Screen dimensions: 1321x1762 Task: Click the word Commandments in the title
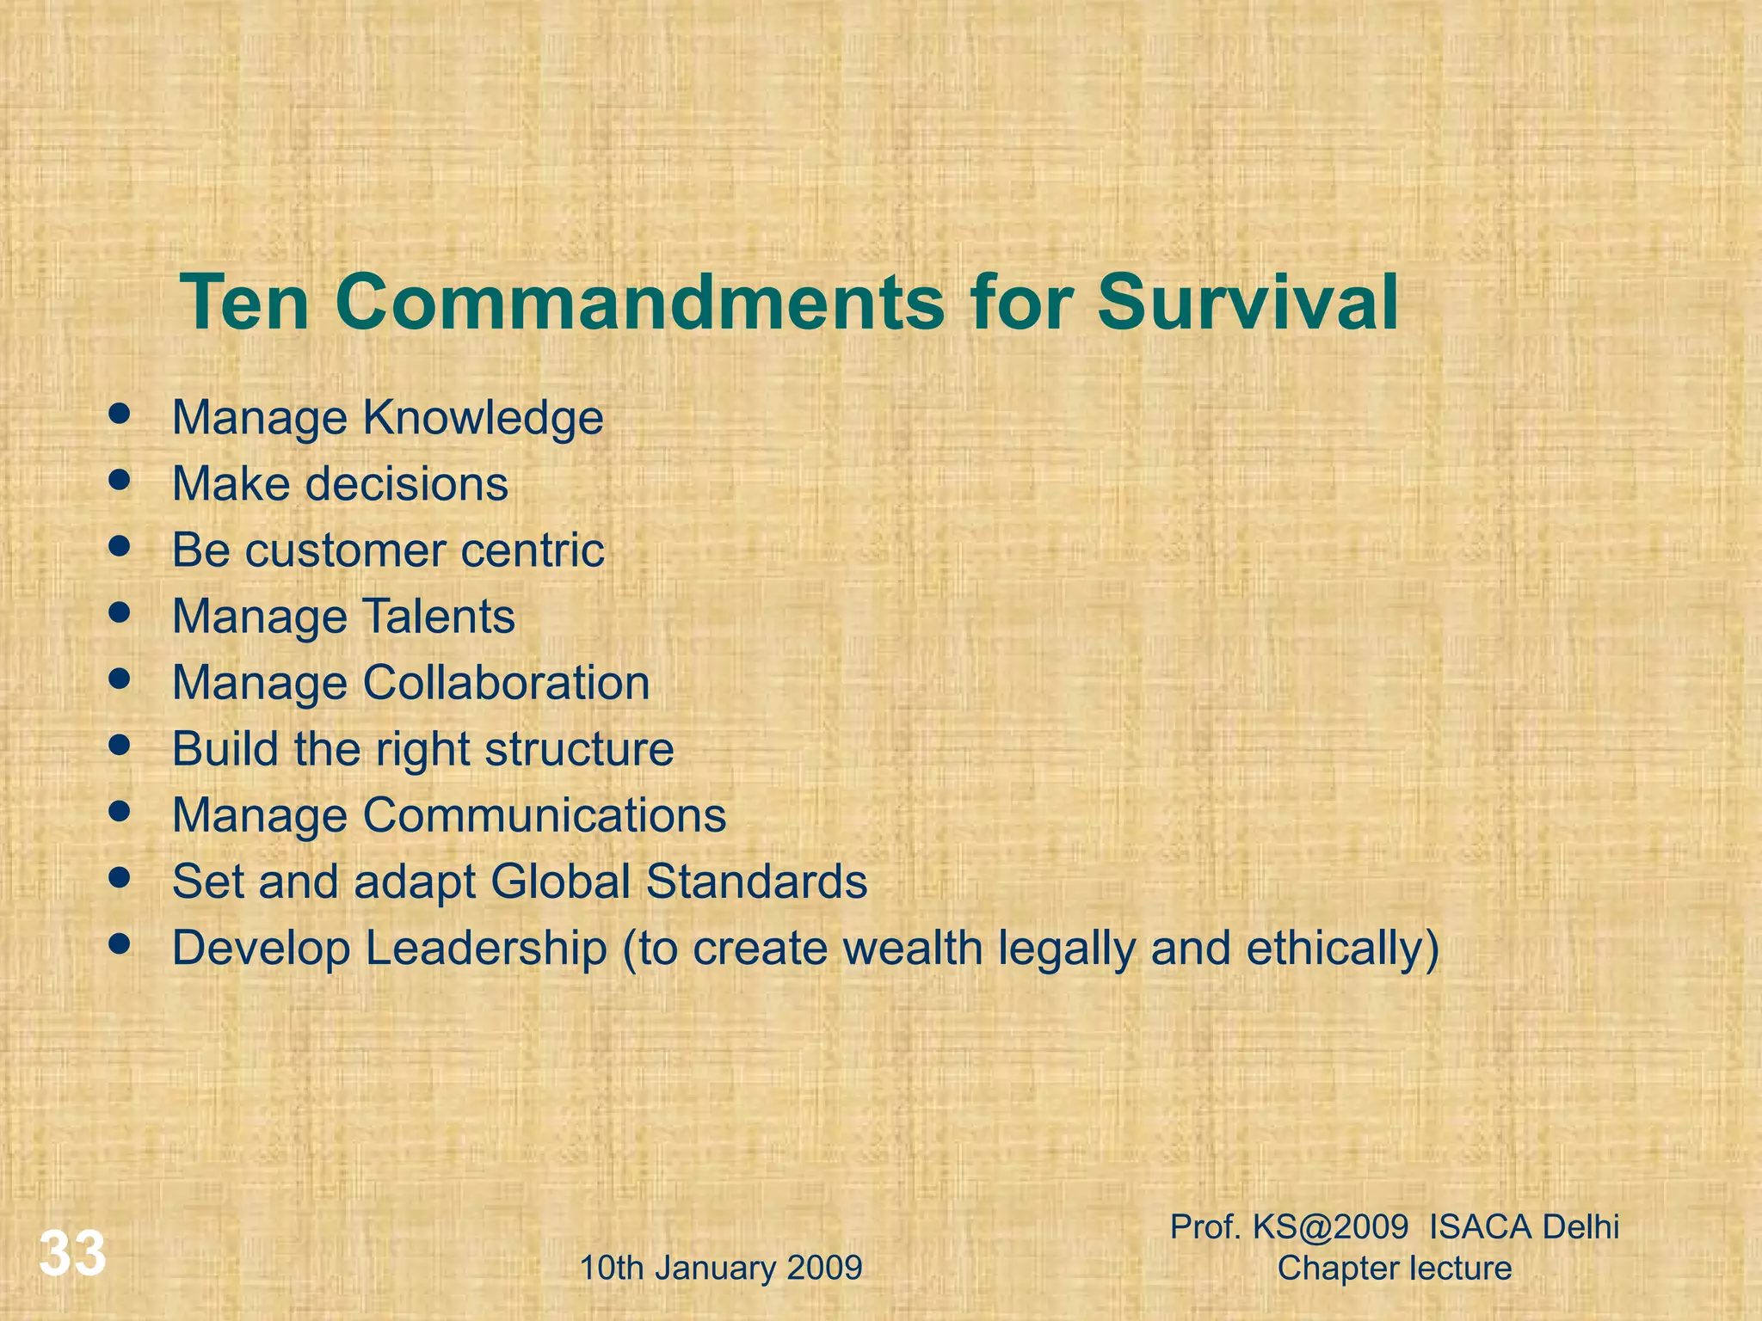[x=639, y=303]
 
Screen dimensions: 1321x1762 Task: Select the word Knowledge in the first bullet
[x=483, y=419]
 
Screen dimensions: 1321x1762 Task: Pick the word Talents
[x=439, y=616]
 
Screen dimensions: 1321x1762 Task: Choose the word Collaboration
[x=506, y=683]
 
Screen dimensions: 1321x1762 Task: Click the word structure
[x=579, y=749]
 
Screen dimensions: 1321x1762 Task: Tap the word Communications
[x=544, y=815]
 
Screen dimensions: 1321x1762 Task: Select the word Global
[x=561, y=882]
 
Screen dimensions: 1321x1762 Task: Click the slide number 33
[x=72, y=1253]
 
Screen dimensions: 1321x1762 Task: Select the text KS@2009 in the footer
[x=1330, y=1227]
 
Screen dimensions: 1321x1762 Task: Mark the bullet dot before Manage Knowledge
[x=120, y=414]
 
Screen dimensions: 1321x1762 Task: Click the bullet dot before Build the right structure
[x=120, y=745]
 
